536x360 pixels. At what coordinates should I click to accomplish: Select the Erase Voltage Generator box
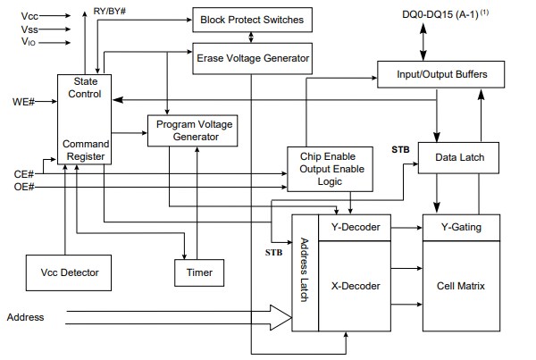253,59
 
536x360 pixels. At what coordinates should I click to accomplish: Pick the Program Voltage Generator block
194,130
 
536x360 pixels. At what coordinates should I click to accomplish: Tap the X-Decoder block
356,286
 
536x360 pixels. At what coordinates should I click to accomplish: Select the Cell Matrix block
461,286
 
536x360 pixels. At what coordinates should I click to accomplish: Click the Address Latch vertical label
305,269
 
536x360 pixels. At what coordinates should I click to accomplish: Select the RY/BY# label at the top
110,11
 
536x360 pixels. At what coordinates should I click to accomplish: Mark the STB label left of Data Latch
400,150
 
